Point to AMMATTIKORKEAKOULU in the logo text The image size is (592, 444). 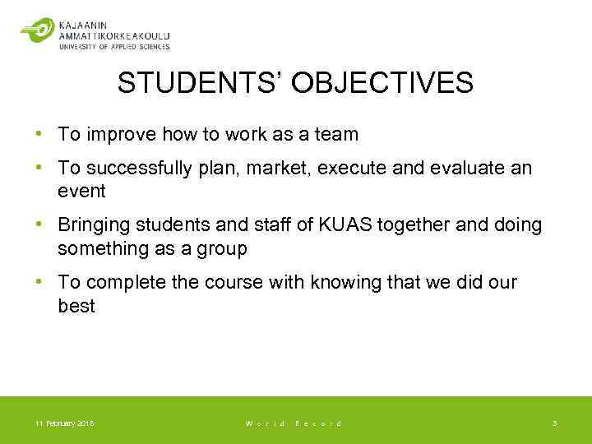point(114,35)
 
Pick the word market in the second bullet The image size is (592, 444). point(274,168)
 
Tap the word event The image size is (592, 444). point(81,191)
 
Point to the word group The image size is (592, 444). point(222,248)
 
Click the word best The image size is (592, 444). point(76,306)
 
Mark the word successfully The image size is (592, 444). point(137,168)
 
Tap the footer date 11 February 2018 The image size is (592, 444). point(65,423)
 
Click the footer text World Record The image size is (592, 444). point(293,423)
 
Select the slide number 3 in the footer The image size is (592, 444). point(554,423)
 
